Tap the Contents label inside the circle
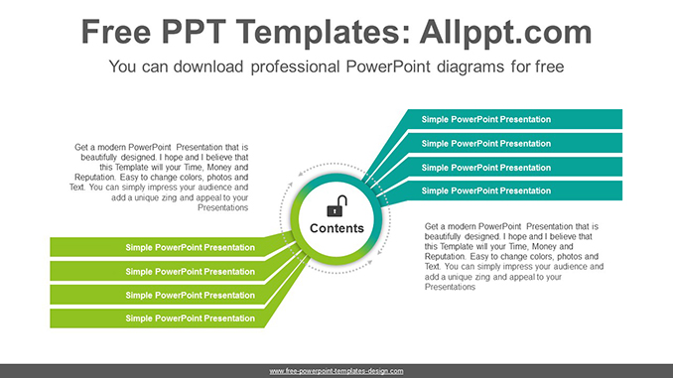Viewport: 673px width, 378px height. click(336, 228)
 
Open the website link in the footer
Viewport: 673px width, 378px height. click(336, 371)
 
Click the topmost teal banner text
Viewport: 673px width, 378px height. click(485, 119)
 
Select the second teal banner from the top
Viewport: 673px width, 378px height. click(485, 143)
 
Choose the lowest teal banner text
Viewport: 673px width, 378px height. click(485, 190)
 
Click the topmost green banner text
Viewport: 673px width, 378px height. click(190, 247)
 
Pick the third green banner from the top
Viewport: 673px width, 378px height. click(190, 295)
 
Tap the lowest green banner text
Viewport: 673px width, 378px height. click(190, 318)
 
